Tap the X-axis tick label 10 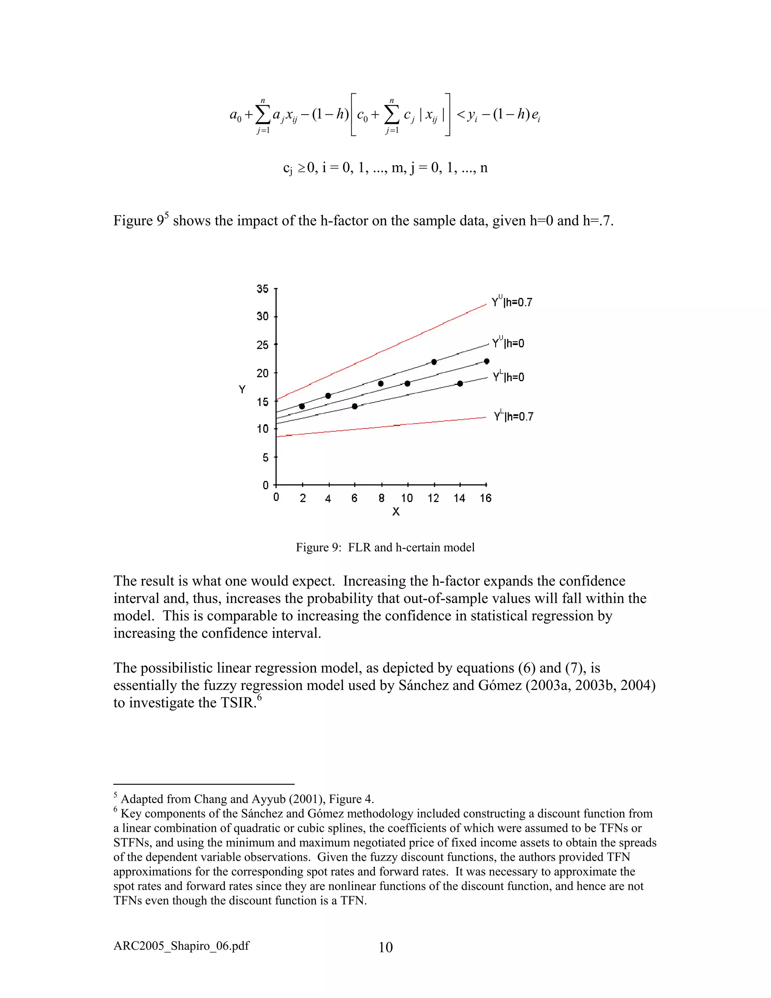407,498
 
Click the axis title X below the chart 396,512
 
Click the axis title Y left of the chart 242,389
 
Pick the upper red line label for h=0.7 512,302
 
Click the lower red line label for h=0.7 513,416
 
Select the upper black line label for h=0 508,343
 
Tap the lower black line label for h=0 508,377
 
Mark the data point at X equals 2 302,406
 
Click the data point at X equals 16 486,362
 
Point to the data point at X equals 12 434,362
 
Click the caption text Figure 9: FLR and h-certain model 385,548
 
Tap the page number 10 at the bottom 385,947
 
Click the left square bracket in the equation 353,114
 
